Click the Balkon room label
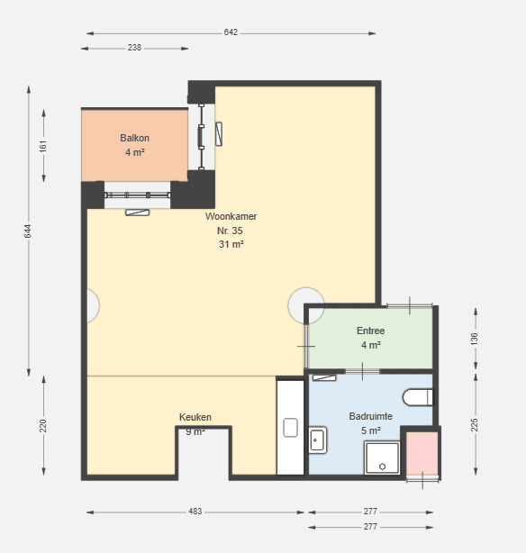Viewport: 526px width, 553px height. (134, 138)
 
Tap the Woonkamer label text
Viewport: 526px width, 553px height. (231, 216)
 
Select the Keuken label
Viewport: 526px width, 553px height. (195, 417)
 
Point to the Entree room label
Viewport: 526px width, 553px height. (370, 331)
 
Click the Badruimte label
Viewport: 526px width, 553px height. (371, 416)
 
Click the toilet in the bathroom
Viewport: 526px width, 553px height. (418, 397)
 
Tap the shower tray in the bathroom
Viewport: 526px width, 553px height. (383, 458)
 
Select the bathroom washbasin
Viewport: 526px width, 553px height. (318, 440)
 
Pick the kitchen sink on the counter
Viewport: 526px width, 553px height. (290, 428)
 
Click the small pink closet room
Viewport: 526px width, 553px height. (422, 453)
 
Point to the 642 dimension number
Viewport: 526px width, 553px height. (231, 32)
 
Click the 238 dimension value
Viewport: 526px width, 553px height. (134, 48)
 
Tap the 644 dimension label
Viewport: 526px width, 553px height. (28, 231)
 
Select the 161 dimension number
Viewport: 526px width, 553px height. (43, 146)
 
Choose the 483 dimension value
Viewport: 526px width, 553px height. (195, 512)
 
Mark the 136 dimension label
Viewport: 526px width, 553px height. (475, 339)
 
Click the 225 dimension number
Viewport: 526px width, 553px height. (475, 425)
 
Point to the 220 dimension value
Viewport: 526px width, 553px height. (43, 426)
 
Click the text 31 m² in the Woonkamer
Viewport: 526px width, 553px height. (231, 244)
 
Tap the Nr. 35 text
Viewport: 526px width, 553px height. (230, 231)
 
